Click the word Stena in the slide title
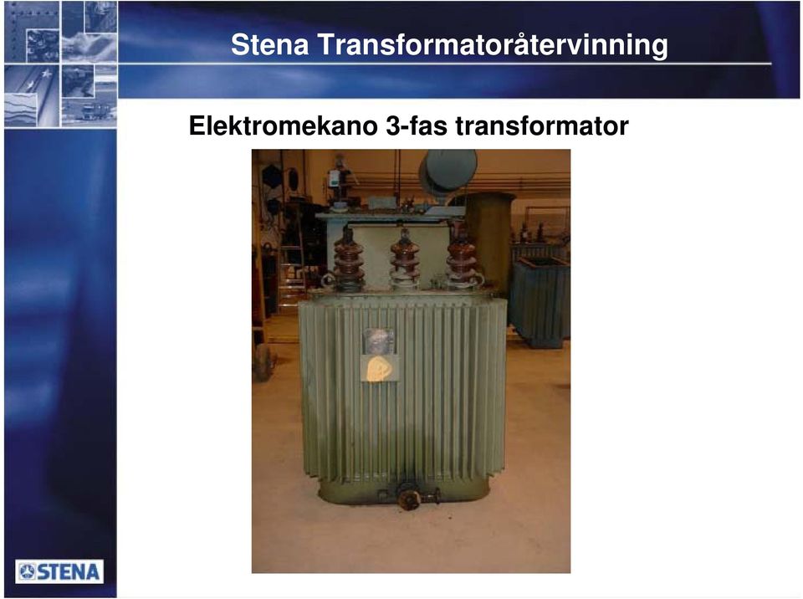click(x=270, y=44)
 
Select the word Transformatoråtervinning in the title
click(x=493, y=45)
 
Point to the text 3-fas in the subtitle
click(x=417, y=125)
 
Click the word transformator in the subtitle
click(x=542, y=125)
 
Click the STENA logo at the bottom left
click(x=59, y=571)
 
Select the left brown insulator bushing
click(x=348, y=260)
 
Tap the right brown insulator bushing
click(x=462, y=259)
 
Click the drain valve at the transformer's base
click(x=409, y=497)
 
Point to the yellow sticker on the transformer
click(x=380, y=368)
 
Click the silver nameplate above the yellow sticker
click(x=379, y=340)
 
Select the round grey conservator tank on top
click(x=448, y=171)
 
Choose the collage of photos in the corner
click(x=60, y=64)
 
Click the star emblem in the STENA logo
click(x=28, y=572)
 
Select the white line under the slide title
click(x=444, y=64)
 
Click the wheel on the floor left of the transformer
click(x=263, y=362)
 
